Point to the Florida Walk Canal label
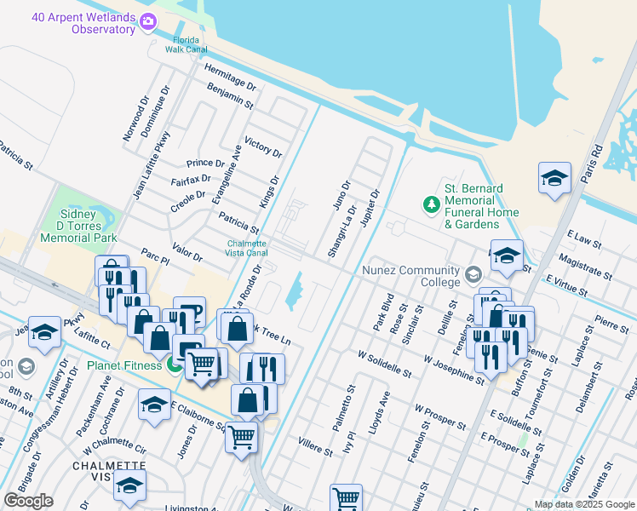[x=186, y=44]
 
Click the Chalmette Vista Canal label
[x=247, y=247]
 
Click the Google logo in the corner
[x=28, y=500]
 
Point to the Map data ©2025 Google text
[x=583, y=504]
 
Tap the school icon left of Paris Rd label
[x=554, y=179]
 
